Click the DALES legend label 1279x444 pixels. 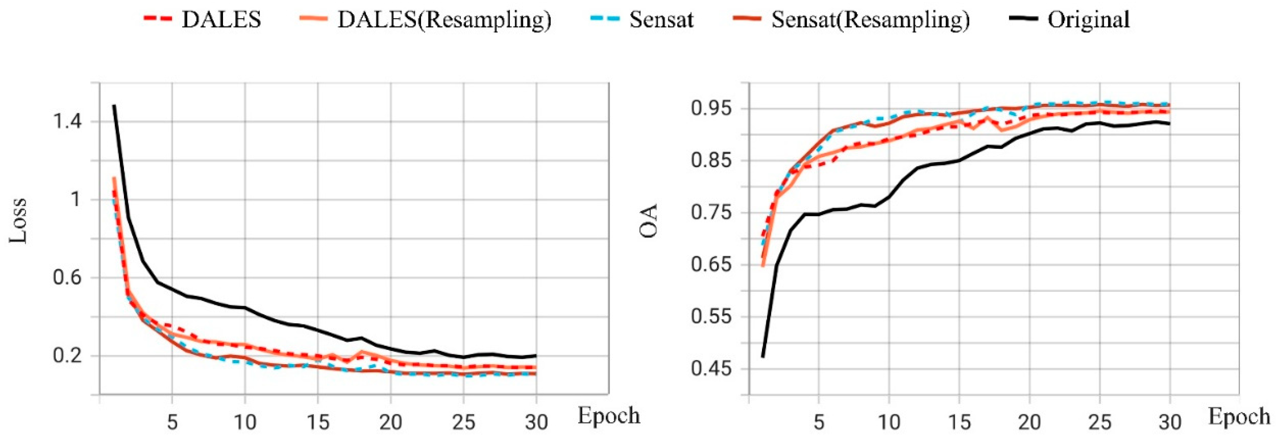coord(221,20)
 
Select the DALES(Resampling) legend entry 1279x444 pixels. coord(444,20)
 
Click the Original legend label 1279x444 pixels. coord(1088,20)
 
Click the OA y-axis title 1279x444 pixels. coord(648,221)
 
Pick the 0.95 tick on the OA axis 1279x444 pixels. coord(711,108)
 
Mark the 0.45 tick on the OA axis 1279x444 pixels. coord(711,369)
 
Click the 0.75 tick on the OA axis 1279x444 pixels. coord(711,213)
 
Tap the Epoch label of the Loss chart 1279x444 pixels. coord(608,416)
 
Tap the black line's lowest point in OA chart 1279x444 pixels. coord(763,357)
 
